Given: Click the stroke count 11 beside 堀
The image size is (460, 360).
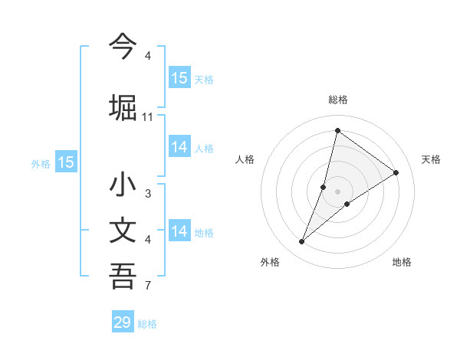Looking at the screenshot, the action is click(148, 116).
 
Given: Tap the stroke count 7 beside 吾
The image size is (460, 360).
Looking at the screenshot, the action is click(148, 286).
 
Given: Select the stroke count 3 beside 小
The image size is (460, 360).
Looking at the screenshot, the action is click(148, 194).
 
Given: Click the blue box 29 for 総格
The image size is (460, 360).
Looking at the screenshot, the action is click(123, 322).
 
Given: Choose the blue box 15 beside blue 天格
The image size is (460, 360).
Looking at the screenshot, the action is click(179, 78).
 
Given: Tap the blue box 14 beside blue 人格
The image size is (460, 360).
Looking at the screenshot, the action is click(179, 147).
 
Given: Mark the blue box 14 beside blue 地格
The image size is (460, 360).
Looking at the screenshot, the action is click(179, 231).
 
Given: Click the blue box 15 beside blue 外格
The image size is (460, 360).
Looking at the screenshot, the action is click(66, 162).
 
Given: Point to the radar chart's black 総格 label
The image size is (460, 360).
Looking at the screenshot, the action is click(337, 100).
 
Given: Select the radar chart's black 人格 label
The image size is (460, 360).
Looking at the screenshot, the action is click(245, 159).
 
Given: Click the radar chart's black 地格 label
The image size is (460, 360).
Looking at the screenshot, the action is click(402, 262).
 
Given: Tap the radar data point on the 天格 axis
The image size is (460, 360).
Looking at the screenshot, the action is click(396, 172).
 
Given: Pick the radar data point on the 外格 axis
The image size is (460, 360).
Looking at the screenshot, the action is click(302, 242).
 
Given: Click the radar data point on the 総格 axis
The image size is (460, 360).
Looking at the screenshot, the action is click(337, 130).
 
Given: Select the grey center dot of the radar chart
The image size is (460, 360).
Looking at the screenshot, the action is click(337, 191).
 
